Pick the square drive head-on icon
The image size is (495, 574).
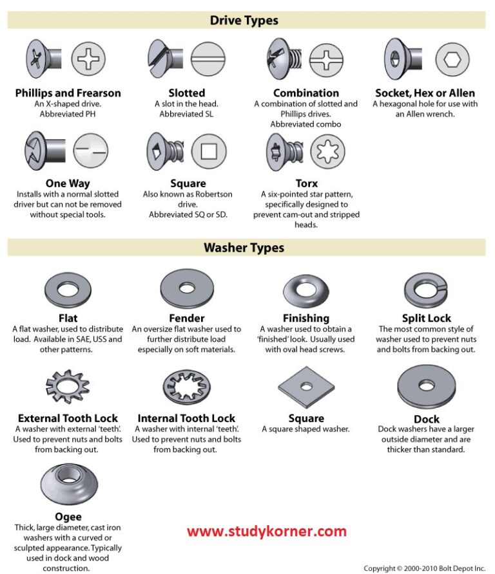[208, 152]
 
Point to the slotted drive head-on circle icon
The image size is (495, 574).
[208, 60]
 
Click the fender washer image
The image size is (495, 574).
[186, 287]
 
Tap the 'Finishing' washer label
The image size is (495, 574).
[306, 318]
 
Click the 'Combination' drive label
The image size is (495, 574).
[306, 93]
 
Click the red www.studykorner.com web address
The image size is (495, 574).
[267, 532]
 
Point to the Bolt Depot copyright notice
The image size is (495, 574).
[424, 568]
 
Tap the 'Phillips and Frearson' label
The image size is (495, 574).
[68, 93]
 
